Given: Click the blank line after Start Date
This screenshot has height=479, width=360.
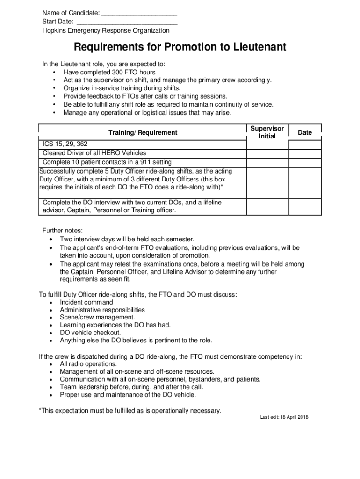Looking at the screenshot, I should pos(127,22).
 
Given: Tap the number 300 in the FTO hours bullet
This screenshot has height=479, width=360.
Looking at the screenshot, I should pos(117,73).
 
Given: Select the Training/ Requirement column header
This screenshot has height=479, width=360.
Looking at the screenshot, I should pos(143,132).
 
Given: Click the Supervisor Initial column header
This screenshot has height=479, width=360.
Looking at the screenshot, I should pos(267,132).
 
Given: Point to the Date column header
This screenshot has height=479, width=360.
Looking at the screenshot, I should pos(304,132).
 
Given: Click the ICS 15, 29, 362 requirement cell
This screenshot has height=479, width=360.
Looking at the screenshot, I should pos(65,145).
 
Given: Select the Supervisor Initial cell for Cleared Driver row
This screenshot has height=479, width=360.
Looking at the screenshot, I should pos(267,153).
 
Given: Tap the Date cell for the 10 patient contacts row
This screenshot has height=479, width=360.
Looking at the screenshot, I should pos(304,162).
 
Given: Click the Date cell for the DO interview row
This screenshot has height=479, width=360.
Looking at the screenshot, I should pos(304,206).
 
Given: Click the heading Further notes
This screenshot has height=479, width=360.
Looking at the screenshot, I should pos(63,231).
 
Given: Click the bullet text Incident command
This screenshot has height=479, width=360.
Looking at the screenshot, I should pos(86,302).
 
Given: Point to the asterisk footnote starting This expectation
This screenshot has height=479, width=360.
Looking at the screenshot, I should pos(130,411).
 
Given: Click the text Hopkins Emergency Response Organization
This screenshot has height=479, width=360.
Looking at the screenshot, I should pos(106,31).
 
